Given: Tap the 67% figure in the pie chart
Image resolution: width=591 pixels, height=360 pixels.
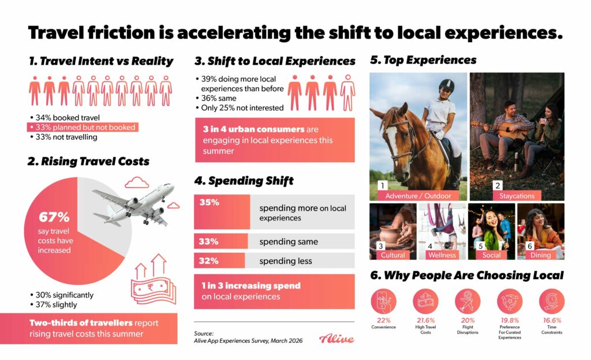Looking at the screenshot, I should (x=54, y=217).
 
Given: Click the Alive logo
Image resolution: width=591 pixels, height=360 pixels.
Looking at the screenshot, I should (x=336, y=339).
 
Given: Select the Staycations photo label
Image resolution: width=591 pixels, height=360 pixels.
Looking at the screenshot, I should (x=517, y=196).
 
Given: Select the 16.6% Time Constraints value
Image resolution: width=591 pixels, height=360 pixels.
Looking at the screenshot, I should (x=551, y=320).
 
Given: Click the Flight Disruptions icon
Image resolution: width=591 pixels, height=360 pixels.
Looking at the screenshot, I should (x=467, y=301).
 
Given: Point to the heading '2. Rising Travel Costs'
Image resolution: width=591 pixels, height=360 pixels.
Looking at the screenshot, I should (x=88, y=162).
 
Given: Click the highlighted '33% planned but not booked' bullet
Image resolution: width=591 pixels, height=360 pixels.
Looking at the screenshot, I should (x=82, y=127).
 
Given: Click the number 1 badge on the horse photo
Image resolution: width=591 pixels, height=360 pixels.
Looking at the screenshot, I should (x=381, y=186).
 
